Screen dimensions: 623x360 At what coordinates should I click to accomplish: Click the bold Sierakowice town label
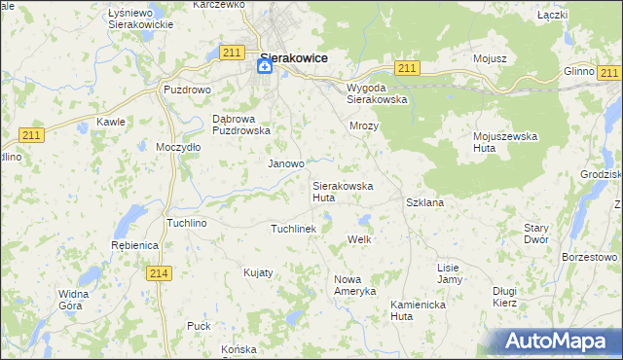(x=293, y=57)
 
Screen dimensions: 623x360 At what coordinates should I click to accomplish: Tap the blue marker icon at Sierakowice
(x=265, y=66)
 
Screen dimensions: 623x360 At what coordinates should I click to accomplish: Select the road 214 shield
(x=162, y=274)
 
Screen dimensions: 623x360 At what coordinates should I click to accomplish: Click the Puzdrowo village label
(x=187, y=90)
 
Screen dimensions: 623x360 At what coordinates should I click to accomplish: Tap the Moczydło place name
(x=178, y=147)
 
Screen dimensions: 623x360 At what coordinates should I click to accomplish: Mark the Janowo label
(x=286, y=164)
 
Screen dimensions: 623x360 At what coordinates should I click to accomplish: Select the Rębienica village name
(x=134, y=246)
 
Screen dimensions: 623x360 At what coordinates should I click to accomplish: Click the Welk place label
(x=360, y=239)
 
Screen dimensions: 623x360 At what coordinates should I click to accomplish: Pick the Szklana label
(x=424, y=202)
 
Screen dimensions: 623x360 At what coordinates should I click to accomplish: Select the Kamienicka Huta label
(x=416, y=309)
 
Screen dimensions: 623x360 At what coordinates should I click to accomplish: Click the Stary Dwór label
(x=536, y=234)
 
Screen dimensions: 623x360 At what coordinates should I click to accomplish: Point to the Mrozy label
(x=363, y=126)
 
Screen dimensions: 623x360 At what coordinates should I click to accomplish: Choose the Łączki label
(x=552, y=17)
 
